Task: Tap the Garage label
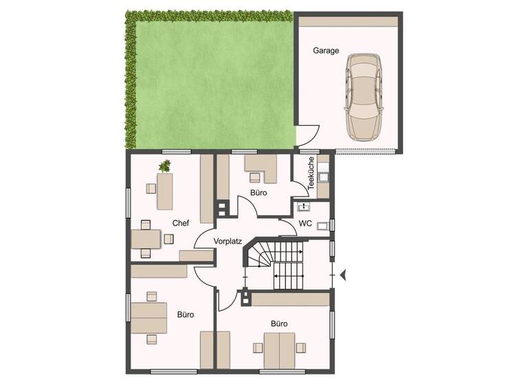pos(326,51)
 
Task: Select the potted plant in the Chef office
pos(165,165)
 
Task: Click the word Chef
pos(180,223)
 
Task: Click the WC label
pos(305,223)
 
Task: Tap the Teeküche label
pos(311,173)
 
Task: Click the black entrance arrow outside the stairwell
pos(344,274)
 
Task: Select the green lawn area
pos(206,79)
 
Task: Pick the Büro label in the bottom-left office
pos(185,314)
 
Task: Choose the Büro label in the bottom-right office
pos(278,322)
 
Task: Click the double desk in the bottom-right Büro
pos(280,349)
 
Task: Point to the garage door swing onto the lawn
pos(307,135)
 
